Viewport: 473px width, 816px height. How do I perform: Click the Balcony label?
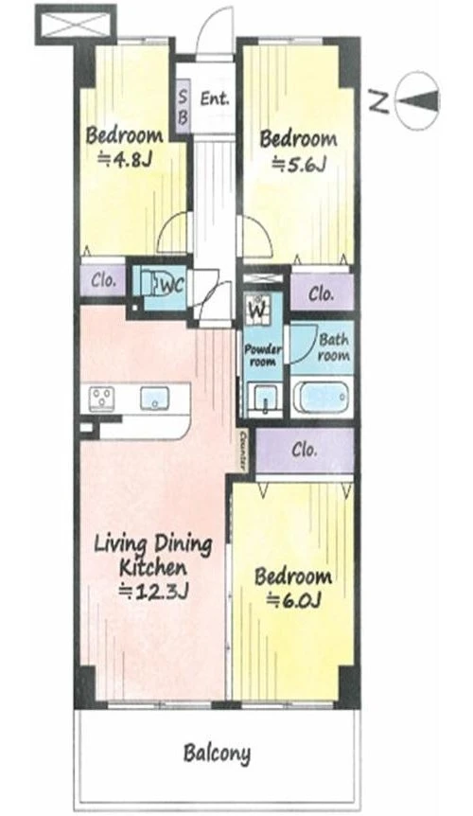(x=217, y=754)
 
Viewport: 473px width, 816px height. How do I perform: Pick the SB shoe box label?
(x=183, y=106)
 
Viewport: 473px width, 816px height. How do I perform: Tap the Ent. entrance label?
(x=215, y=98)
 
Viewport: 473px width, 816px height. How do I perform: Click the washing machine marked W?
(x=258, y=307)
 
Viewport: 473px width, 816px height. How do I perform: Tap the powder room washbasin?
(x=265, y=399)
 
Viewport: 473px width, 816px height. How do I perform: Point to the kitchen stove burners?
(x=102, y=399)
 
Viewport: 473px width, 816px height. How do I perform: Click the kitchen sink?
(x=155, y=399)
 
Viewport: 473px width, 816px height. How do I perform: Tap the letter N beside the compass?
(x=379, y=100)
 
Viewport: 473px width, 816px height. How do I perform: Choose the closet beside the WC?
(x=103, y=280)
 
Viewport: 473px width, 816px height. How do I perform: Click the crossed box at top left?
(x=76, y=24)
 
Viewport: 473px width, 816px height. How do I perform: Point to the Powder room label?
(x=263, y=355)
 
